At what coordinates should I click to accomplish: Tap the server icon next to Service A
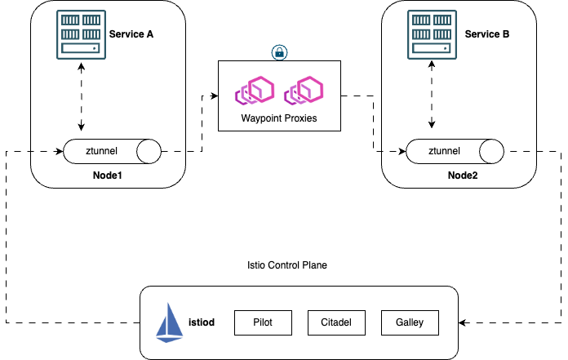81,34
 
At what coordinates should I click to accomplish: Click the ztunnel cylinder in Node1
112,151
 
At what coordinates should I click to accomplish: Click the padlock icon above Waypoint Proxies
278,52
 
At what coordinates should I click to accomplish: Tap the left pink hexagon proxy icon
255,91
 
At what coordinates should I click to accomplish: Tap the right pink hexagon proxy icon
304,91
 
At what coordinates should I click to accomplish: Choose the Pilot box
263,322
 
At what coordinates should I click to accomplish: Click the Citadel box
336,322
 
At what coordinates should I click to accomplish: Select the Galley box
409,322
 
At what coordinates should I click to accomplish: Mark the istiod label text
201,322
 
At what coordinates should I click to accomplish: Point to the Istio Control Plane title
286,265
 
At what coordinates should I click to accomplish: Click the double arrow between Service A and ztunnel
81,96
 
